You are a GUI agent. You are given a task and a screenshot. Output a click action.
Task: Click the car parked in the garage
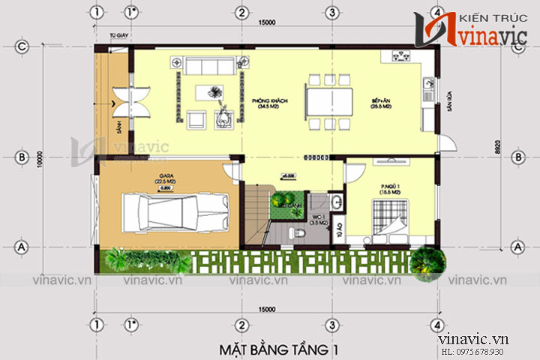169,211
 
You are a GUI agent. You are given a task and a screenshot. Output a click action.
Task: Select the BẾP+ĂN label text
381,103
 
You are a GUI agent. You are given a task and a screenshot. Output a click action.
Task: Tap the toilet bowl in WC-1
301,232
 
